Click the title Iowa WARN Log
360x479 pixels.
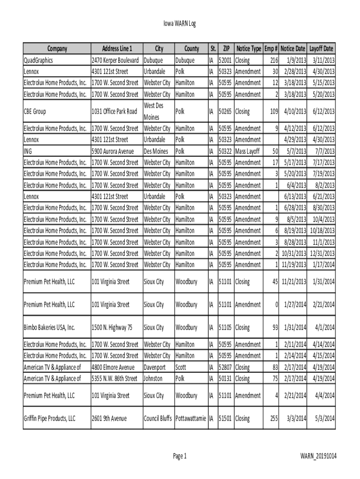180,24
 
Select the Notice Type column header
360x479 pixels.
248,49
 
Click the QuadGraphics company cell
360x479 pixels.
38,60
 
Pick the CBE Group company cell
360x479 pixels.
35,111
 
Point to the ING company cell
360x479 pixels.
28,151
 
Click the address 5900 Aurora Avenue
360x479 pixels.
112,151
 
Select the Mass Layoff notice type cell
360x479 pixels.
247,151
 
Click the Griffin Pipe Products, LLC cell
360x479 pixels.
50,418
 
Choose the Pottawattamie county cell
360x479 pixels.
190,418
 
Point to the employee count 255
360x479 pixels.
274,418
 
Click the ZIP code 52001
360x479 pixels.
226,60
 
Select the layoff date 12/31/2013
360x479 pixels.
322,254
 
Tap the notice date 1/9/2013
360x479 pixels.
296,60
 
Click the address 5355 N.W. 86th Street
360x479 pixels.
115,378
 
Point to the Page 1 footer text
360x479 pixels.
180,456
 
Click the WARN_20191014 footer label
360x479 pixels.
318,456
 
